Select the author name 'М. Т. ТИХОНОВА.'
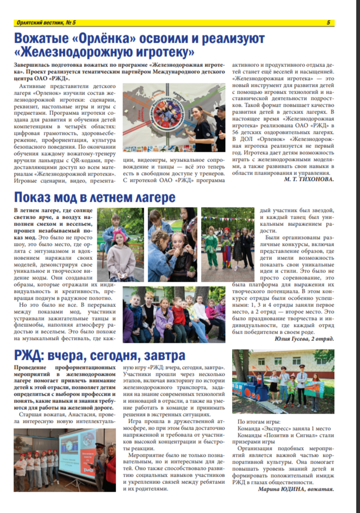tap(309, 179)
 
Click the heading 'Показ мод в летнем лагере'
tap(94, 198)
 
